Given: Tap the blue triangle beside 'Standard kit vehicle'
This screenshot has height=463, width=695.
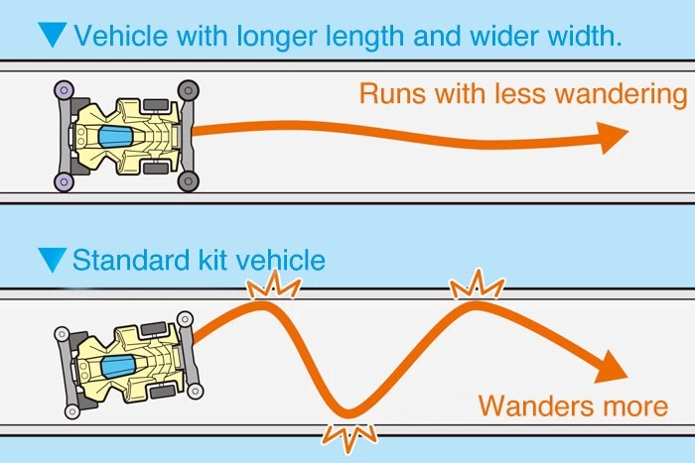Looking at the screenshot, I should (x=52, y=261).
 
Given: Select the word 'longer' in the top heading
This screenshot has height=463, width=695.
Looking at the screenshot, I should (x=291, y=37).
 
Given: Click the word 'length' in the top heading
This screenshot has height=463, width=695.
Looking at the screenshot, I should (x=380, y=37).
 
